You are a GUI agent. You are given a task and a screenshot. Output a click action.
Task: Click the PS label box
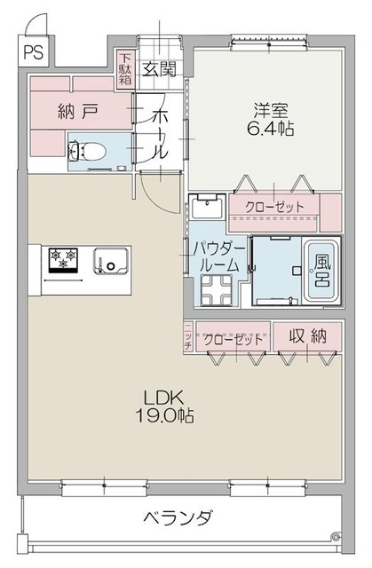(34, 51)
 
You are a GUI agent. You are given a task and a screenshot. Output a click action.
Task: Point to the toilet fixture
(90, 151)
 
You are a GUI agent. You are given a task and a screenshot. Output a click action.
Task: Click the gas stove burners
(64, 258)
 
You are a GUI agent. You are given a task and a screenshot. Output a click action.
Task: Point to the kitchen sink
(112, 261)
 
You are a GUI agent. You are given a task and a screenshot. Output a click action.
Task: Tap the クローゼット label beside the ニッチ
(233, 339)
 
